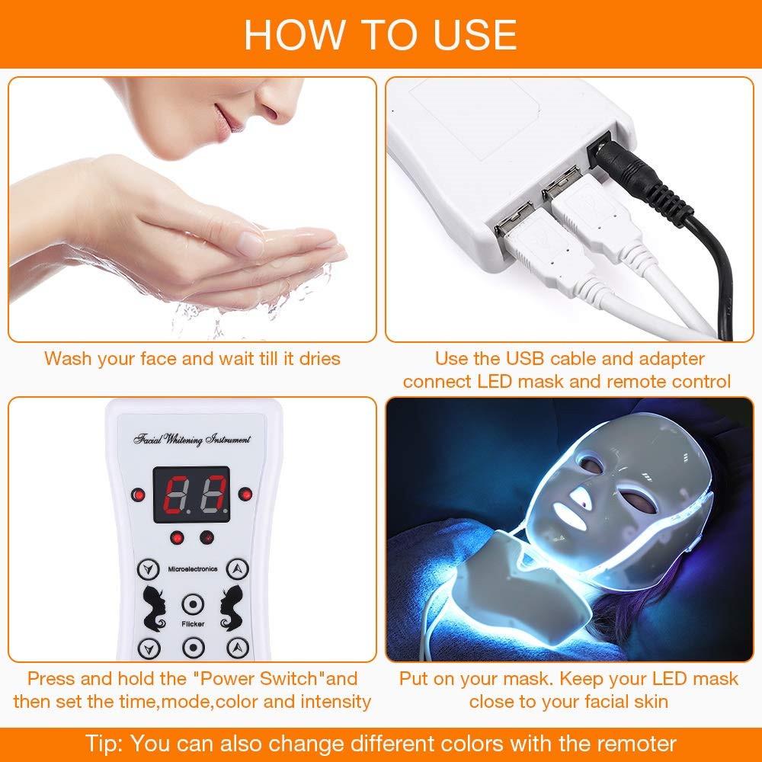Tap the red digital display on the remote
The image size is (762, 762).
pyautogui.click(x=191, y=494)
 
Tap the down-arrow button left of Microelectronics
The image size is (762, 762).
pyautogui.click(x=144, y=568)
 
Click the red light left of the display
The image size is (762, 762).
pyautogui.click(x=138, y=495)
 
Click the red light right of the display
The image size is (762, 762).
pyautogui.click(x=245, y=495)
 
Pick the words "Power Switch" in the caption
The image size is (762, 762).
pyautogui.click(x=264, y=678)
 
